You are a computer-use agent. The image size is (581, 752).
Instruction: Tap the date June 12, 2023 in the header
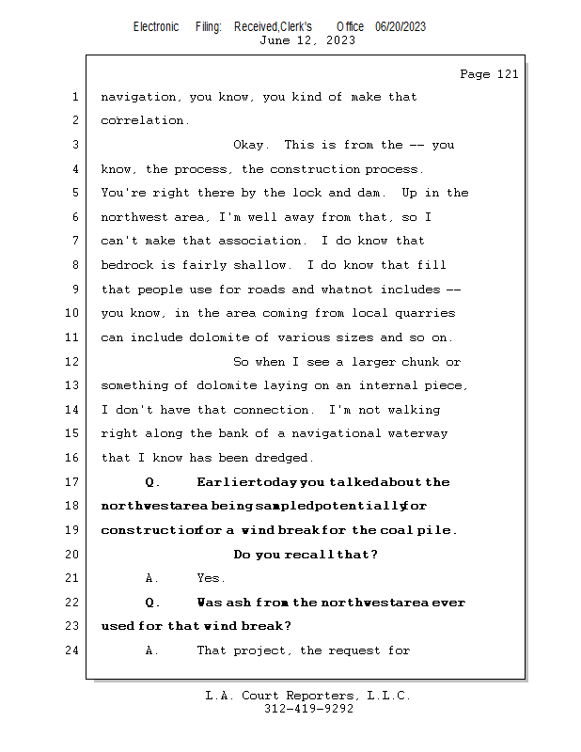tap(306, 39)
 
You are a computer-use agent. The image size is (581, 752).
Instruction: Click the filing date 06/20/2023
tap(400, 26)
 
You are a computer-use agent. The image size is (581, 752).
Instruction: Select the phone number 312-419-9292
tap(308, 709)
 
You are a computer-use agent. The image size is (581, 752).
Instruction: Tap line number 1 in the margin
tap(75, 97)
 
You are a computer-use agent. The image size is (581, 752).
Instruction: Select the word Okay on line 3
tap(251, 145)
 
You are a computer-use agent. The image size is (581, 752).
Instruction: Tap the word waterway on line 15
tap(417, 433)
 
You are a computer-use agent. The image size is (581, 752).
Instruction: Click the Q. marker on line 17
tap(153, 482)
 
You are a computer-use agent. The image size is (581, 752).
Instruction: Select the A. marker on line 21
tap(152, 578)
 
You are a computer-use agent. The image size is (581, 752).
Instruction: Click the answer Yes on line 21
tap(211, 578)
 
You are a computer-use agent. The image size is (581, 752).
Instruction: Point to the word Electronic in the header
tap(156, 26)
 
